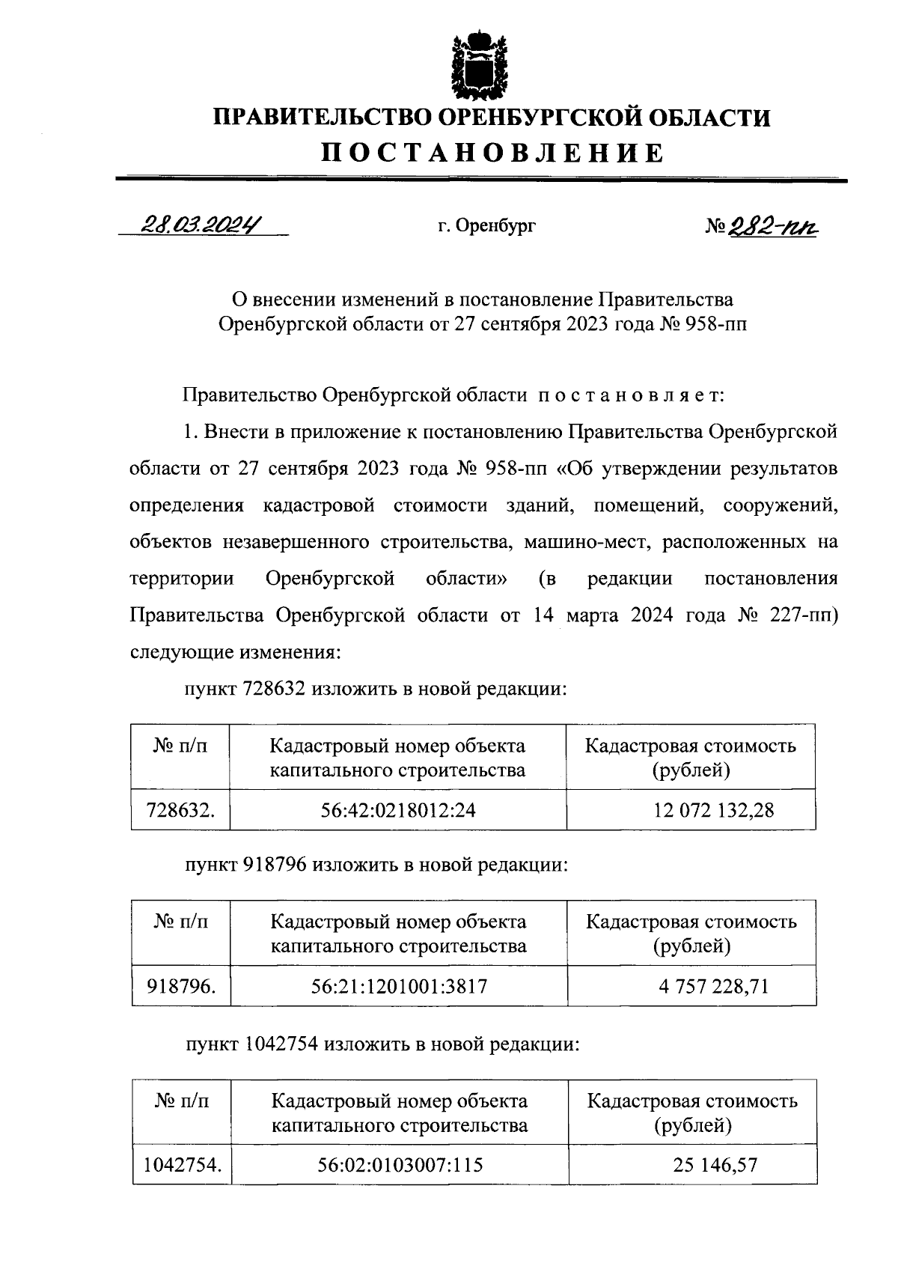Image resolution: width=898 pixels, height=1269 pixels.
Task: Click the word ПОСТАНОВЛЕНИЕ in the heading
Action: point(492,152)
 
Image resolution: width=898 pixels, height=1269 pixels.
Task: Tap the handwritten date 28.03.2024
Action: point(203,224)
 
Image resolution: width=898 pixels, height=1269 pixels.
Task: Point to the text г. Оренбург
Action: point(486,225)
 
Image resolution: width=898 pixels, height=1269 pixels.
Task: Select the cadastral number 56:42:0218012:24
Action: point(398,809)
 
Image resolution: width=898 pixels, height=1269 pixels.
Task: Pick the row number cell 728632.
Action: point(180,809)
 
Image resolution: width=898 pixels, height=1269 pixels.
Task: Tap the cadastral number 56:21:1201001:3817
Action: point(399,986)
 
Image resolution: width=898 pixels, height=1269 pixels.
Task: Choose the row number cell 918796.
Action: point(180,986)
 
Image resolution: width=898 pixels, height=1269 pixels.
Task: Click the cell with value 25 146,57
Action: point(693,1165)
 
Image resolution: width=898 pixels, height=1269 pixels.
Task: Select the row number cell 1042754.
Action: point(182,1165)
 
